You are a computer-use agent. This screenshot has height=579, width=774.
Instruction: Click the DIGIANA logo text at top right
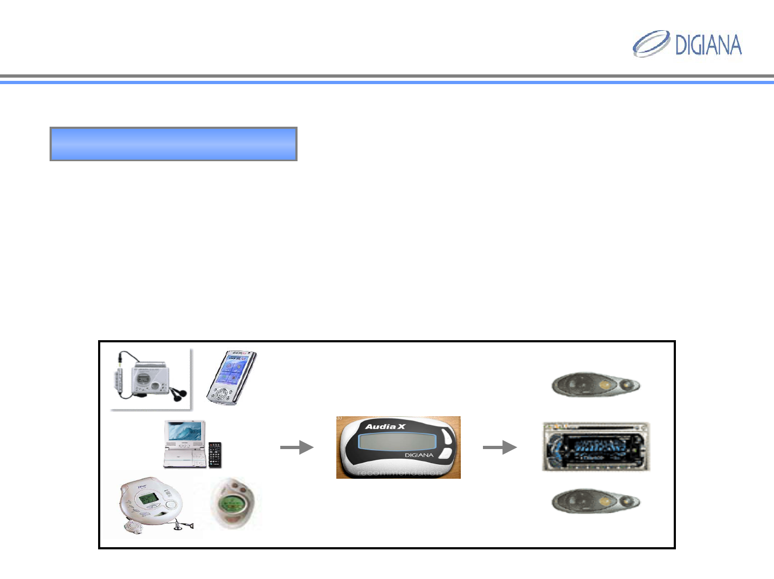[708, 45]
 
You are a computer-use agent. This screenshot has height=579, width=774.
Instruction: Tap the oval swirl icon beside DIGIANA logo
[651, 43]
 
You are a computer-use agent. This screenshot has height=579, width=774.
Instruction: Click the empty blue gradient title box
[173, 144]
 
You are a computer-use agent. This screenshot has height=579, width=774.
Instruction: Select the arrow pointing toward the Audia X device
[296, 447]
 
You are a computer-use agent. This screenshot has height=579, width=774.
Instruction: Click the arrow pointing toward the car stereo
[499, 447]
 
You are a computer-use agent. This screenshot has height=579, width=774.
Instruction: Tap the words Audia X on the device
[385, 426]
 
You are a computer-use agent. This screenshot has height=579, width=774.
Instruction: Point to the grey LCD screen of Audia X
[397, 442]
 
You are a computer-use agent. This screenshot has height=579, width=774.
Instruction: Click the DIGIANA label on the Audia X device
[419, 455]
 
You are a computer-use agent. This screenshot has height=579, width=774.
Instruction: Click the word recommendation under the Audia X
[399, 473]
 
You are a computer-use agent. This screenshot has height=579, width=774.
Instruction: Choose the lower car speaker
[595, 501]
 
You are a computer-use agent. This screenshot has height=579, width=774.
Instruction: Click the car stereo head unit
[596, 447]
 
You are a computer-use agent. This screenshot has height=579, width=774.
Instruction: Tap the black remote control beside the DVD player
[215, 454]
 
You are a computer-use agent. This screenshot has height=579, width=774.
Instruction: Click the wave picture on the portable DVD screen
[185, 431]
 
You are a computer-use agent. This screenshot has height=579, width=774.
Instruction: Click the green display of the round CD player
[148, 499]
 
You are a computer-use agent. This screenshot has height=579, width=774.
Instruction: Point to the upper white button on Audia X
[445, 435]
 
